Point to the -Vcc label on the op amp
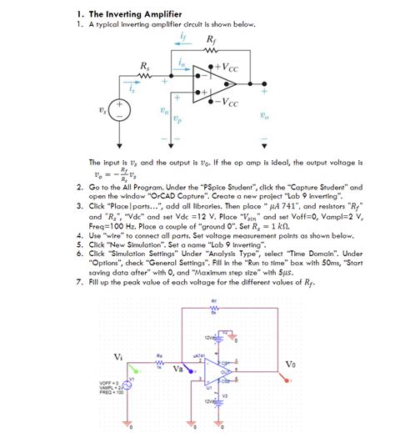225,103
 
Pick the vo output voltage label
263,116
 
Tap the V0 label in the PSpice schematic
289,364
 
